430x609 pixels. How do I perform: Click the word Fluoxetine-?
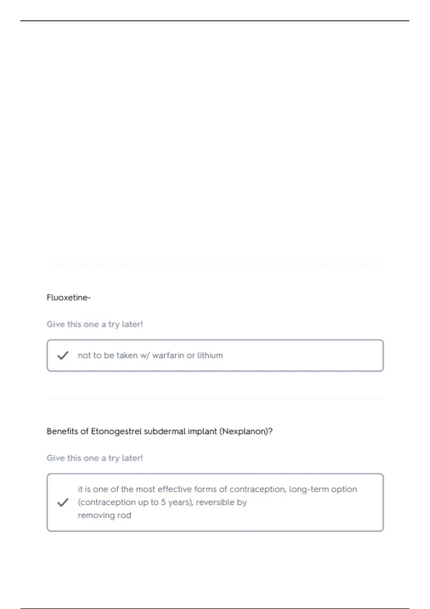[x=68, y=298]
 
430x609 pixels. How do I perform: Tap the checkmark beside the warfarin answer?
[x=63, y=355]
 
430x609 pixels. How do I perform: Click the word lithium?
[x=210, y=355]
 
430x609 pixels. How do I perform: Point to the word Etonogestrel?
[x=116, y=431]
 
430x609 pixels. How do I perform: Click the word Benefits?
[x=62, y=431]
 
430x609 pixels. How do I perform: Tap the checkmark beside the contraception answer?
[x=63, y=502]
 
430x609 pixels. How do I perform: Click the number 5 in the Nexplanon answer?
[x=163, y=502]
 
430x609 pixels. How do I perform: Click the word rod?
[x=124, y=516]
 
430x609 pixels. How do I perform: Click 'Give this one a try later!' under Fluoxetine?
[x=95, y=324]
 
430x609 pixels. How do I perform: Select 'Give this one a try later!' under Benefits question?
[x=95, y=458]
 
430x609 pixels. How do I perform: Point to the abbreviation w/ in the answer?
[x=145, y=355]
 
